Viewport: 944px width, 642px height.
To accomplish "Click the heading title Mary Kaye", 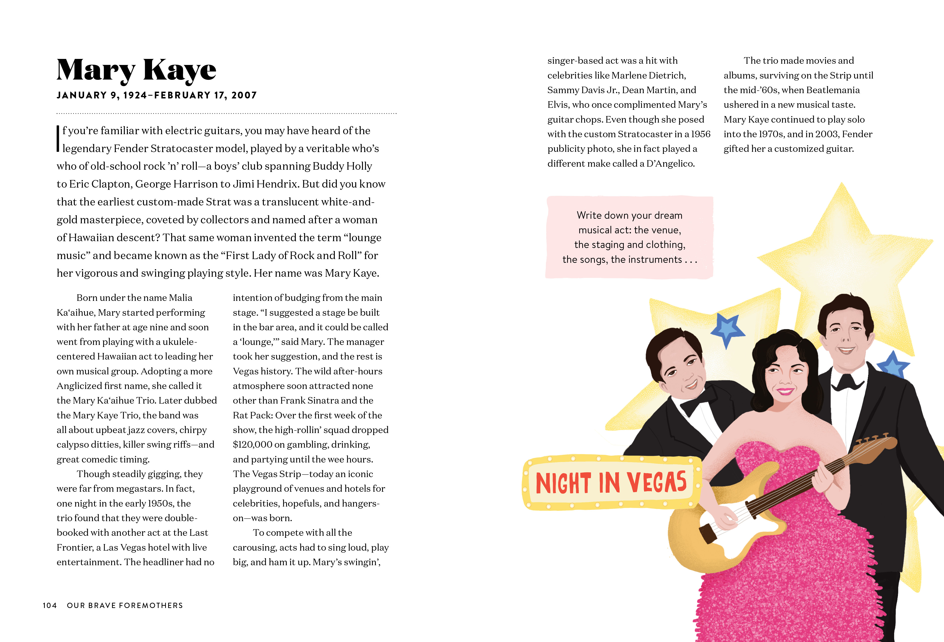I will click(x=136, y=70).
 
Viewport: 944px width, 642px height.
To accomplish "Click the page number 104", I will click(x=50, y=605).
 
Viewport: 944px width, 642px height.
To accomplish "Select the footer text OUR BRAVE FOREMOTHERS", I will click(x=125, y=605).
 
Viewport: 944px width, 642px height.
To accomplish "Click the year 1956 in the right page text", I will click(x=700, y=134).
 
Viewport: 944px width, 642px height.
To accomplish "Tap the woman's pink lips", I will click(x=785, y=391).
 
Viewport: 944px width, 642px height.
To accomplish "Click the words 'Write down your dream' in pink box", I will click(x=629, y=215).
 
